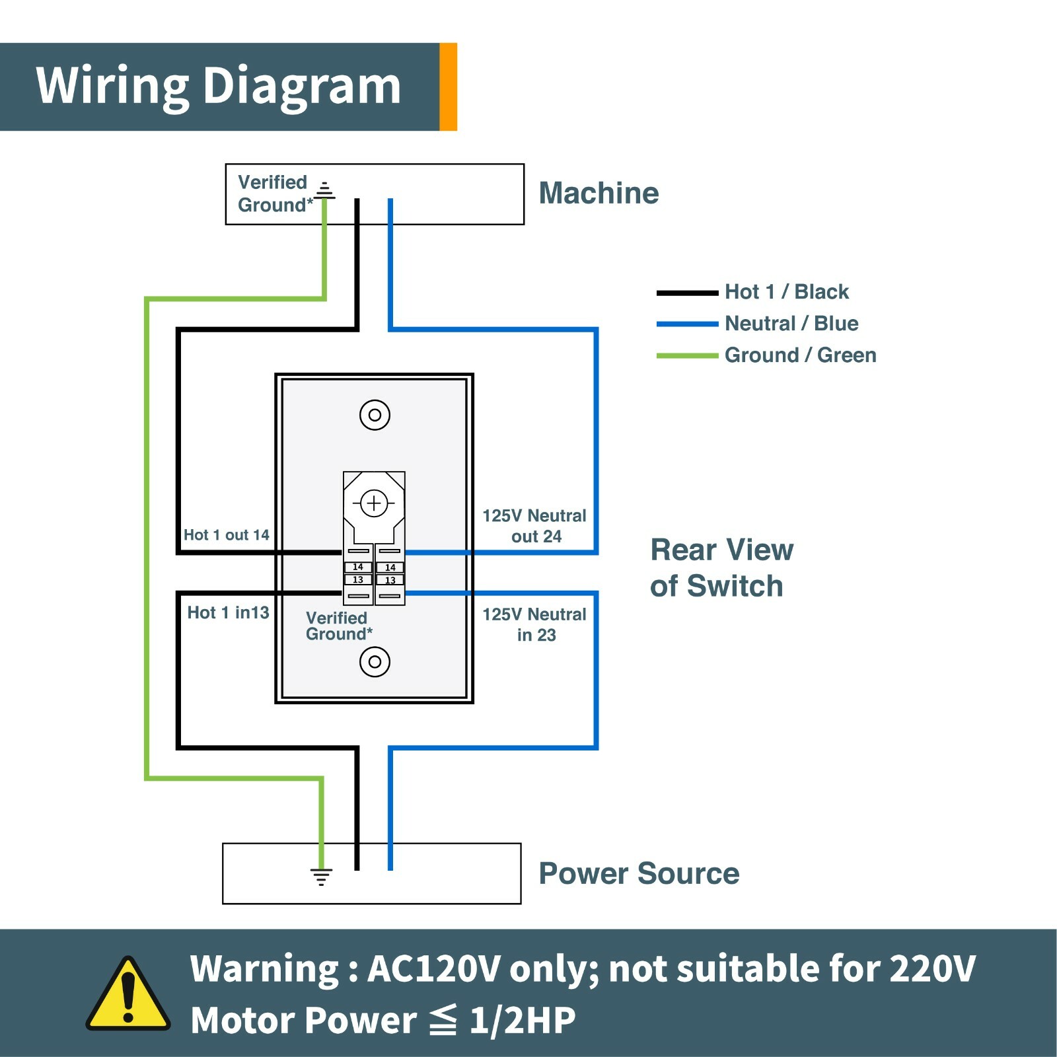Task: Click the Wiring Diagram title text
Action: click(218, 86)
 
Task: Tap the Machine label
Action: click(599, 193)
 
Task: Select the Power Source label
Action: click(639, 873)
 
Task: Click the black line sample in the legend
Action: click(687, 293)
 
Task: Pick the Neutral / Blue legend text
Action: click(791, 323)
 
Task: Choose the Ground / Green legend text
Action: click(800, 355)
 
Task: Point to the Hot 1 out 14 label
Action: click(227, 534)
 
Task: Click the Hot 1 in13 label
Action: click(228, 612)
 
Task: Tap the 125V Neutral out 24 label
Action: click(534, 526)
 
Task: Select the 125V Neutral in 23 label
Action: click(534, 624)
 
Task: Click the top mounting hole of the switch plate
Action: click(375, 415)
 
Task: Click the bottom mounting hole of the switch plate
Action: click(375, 661)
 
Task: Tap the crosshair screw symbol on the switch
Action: click(374, 503)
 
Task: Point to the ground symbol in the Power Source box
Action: click(321, 877)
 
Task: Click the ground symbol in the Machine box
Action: click(324, 191)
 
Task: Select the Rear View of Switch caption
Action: click(721, 567)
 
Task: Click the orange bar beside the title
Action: click(449, 87)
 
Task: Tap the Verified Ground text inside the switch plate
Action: click(338, 626)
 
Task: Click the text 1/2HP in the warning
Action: click(522, 1020)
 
